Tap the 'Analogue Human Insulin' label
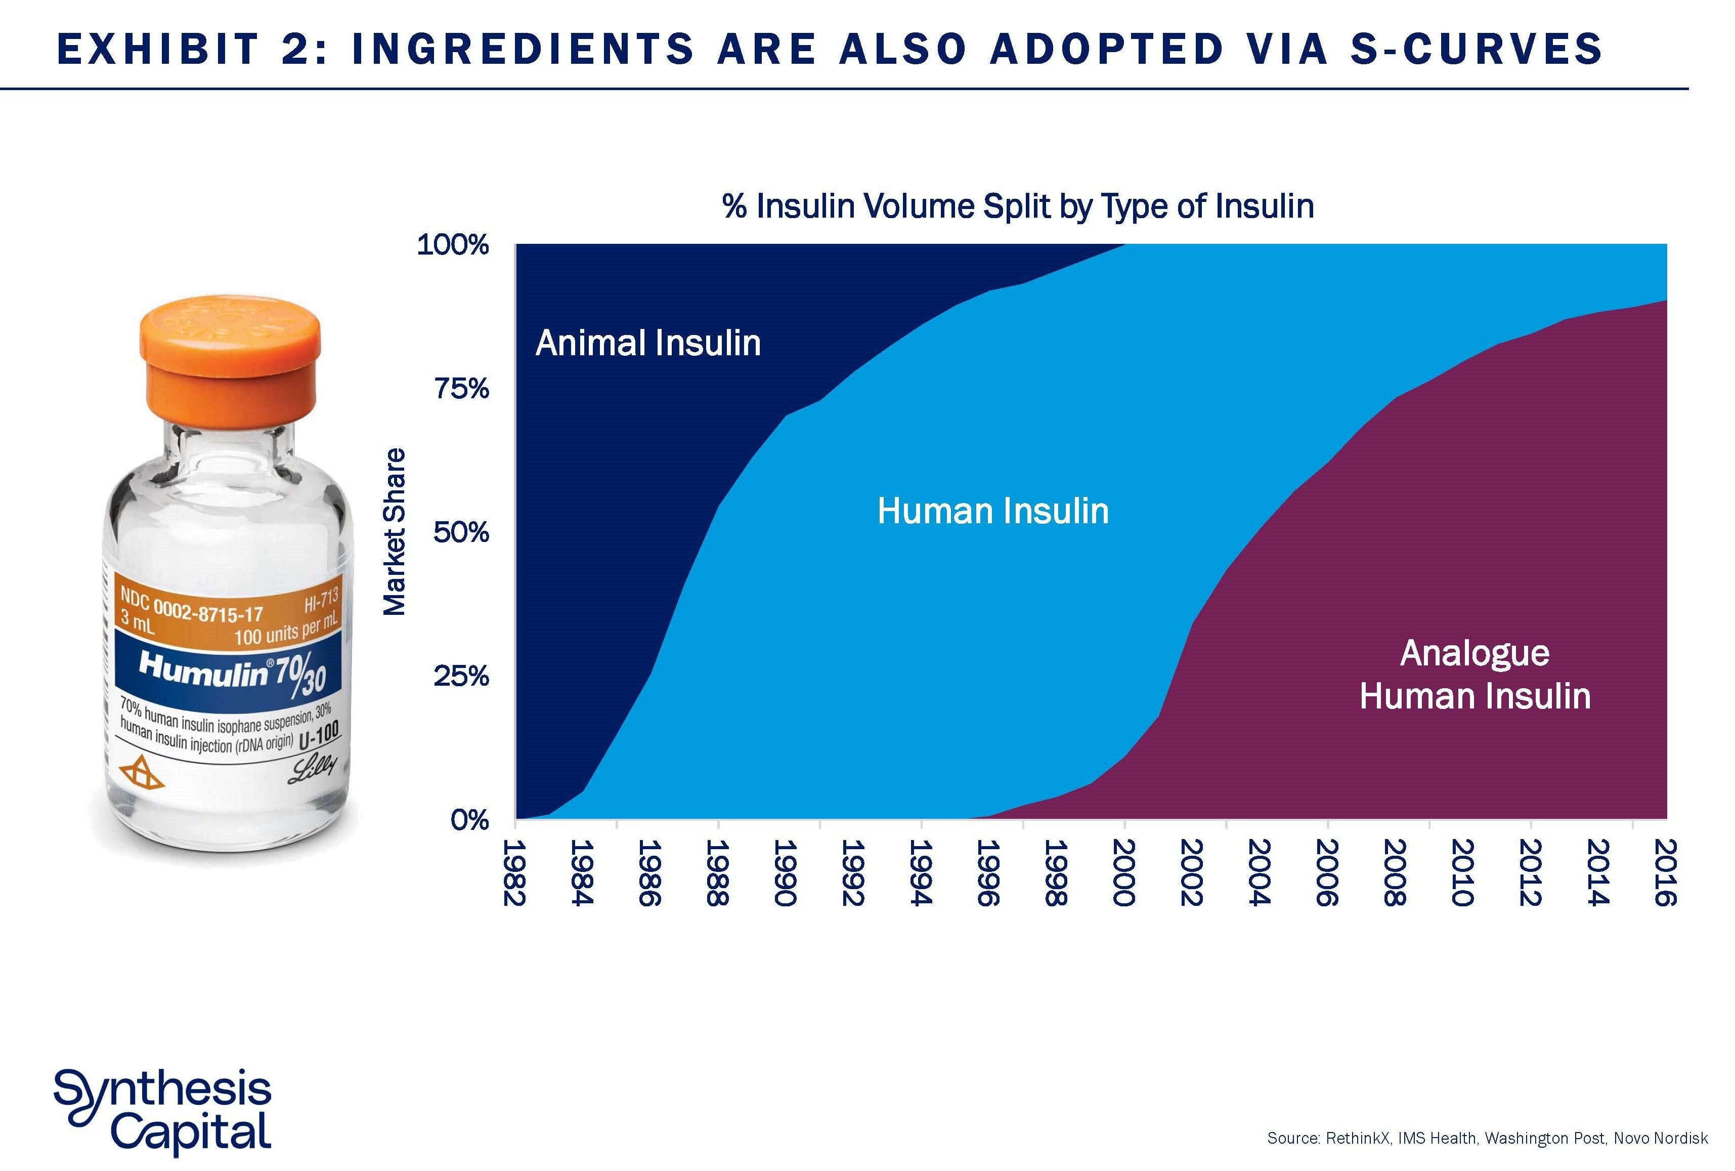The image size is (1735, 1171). [1474, 675]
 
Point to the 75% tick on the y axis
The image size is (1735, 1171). [461, 388]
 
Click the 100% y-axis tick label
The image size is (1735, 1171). [452, 245]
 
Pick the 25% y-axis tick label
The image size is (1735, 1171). [461, 677]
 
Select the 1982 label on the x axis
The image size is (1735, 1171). [514, 872]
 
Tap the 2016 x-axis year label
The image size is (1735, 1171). [1666, 872]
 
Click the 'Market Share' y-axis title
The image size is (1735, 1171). [394, 532]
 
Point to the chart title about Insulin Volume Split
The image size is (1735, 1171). [1018, 206]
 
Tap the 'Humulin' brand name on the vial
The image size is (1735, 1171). [203, 668]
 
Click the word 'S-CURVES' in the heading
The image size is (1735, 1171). [1476, 49]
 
